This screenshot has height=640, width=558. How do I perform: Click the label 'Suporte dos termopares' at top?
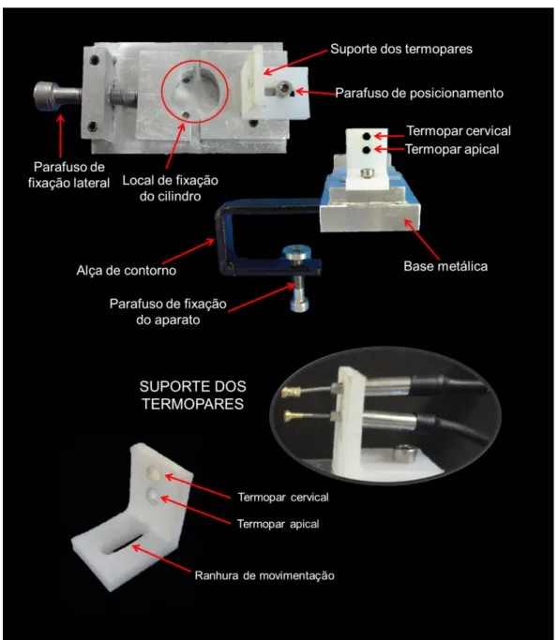[401, 49]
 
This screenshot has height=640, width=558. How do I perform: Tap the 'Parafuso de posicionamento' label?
[419, 93]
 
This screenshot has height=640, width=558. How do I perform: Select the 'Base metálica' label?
[445, 266]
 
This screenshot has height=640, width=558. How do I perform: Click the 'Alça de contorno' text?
[127, 270]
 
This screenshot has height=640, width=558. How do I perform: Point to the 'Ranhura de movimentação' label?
[264, 575]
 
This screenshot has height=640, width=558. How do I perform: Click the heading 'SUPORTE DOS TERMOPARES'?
[193, 395]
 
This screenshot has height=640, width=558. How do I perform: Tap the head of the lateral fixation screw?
[46, 96]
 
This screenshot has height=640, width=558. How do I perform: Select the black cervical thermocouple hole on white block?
[367, 136]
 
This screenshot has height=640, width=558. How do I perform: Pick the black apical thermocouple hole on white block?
[367, 150]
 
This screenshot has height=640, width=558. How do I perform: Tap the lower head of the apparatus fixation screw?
[299, 305]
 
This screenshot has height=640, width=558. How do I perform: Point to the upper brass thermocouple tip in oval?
[292, 393]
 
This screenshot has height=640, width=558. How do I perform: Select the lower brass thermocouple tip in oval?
[294, 416]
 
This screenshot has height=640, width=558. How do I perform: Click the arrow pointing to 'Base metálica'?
[422, 240]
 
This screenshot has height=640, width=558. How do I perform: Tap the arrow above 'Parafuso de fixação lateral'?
[61, 136]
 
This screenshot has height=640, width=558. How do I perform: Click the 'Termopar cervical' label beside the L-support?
[283, 498]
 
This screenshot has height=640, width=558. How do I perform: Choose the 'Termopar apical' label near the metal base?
[452, 149]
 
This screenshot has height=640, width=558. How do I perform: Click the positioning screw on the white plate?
[284, 87]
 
